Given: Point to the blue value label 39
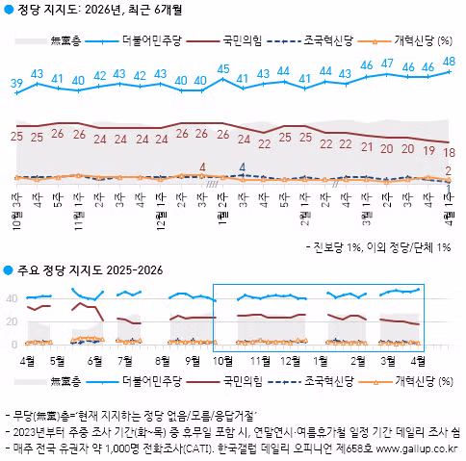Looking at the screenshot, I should [x=16, y=84].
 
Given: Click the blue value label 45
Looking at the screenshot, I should [x=223, y=68].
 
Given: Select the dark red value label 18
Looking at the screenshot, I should [x=449, y=153].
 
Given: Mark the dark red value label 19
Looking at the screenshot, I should [x=428, y=150].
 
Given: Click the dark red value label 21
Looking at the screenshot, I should [x=366, y=147].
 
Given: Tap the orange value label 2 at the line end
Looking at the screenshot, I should [x=449, y=170].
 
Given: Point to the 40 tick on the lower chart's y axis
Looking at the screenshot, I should [x=12, y=298].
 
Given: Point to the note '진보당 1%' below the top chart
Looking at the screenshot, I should [x=343, y=247].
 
